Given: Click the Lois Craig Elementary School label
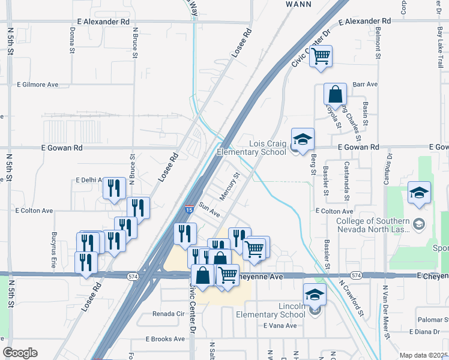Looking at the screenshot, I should tap(268, 148).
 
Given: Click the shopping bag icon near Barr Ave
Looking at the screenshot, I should tap(335, 95).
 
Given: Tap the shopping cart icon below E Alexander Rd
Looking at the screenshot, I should tap(321, 56).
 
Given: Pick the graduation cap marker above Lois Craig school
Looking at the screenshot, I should tap(303, 139).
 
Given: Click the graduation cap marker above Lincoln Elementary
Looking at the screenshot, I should tap(315, 295).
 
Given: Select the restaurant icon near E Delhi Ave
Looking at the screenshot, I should tap(113, 188).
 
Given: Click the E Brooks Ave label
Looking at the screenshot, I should tap(165, 339).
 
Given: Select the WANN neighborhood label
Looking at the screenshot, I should tap(298, 4).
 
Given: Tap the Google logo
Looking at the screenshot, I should tap(20, 353).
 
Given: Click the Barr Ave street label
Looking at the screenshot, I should tap(365, 85).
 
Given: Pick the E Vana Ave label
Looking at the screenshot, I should tap(280, 326).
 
